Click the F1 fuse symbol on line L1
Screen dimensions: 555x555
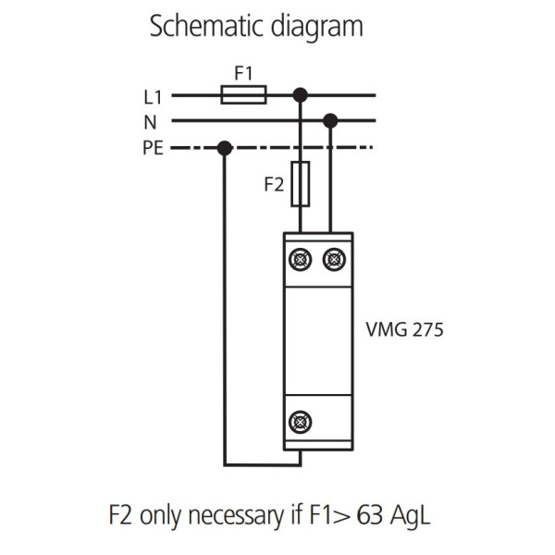coord(244,94)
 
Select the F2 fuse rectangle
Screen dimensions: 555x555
coord(301,183)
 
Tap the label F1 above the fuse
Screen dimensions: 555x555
coord(243,72)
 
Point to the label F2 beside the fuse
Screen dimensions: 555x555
coord(274,185)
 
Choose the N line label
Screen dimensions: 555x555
coord(151,121)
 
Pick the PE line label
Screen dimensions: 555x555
coord(153,147)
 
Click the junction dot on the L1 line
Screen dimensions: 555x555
coord(300,94)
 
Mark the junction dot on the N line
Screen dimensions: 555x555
coord(330,120)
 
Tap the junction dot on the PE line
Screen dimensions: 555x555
coord(224,147)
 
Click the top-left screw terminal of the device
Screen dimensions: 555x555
coord(301,260)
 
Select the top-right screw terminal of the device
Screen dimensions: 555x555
coord(333,260)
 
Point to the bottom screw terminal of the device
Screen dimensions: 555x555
coord(301,422)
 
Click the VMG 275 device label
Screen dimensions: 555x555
coord(405,329)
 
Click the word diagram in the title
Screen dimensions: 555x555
coord(318,27)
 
